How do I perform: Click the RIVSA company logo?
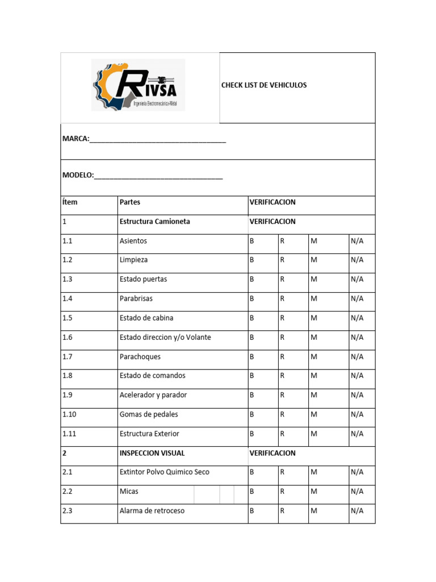(138, 87)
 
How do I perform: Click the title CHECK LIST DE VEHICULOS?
(263, 85)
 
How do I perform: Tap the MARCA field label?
(76, 139)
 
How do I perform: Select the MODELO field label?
(78, 176)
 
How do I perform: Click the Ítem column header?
(70, 202)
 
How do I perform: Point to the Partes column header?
(130, 202)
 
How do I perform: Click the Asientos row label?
(133, 241)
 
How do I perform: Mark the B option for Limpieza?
(252, 260)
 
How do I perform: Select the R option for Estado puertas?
(282, 280)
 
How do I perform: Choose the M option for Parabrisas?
(313, 299)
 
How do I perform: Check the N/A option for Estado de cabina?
(357, 318)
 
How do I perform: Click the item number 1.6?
(68, 338)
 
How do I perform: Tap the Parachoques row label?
(140, 357)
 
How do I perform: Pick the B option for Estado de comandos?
(252, 376)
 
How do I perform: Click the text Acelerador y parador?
(153, 395)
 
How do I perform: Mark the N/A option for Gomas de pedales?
(357, 414)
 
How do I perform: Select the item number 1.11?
(69, 434)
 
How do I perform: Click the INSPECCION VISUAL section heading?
(152, 454)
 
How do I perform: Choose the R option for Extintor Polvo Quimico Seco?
(282, 472)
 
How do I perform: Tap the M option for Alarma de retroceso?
(313, 511)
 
